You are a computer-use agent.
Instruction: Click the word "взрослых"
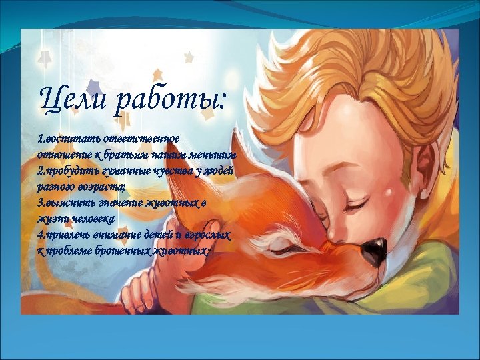[x=207, y=235]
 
